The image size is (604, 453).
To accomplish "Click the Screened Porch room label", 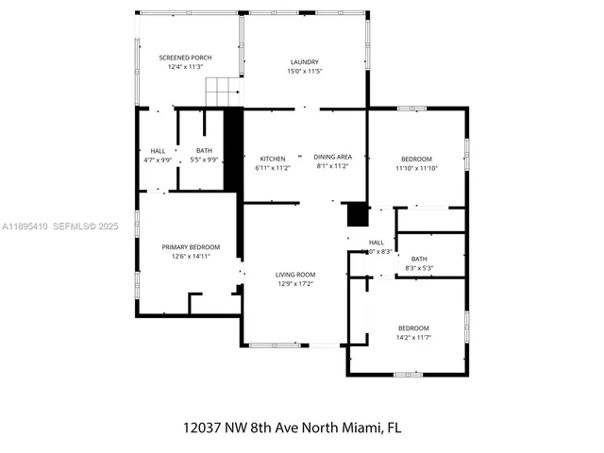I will (x=185, y=58).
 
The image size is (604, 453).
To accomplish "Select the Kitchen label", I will (x=273, y=158).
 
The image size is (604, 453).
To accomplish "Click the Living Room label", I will (x=295, y=275).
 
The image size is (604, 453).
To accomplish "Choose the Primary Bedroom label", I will (x=184, y=247).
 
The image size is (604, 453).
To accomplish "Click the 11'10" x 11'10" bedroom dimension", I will (x=416, y=168).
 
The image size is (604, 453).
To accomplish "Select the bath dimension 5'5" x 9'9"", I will (x=204, y=160).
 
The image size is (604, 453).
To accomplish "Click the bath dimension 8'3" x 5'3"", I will (x=418, y=268).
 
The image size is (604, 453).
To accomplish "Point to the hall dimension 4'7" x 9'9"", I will (x=158, y=160).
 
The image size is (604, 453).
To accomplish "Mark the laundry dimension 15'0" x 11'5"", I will (x=306, y=72).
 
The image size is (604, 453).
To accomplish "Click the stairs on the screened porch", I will (x=224, y=92).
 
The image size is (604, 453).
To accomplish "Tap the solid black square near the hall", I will (x=357, y=215).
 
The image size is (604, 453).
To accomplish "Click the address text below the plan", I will (x=293, y=427).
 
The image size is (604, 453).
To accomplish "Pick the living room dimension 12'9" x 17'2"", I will (x=295, y=283).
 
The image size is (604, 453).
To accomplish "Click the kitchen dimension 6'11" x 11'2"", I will (x=272, y=167).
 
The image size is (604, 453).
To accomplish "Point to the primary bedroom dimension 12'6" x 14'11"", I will (x=184, y=256).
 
